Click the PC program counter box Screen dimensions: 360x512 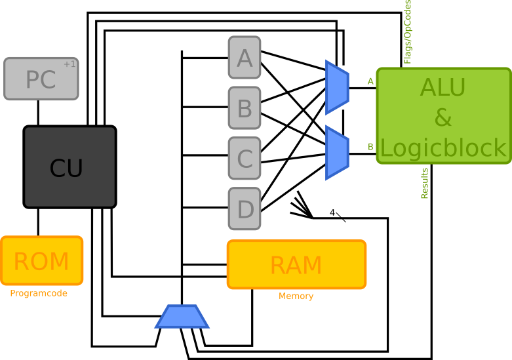point(41,79)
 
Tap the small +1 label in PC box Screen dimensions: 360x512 point(69,64)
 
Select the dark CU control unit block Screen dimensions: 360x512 point(69,167)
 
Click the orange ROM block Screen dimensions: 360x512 point(41,261)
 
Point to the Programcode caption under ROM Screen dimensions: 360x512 point(39,294)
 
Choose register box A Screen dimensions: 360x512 point(245,58)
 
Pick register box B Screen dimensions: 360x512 point(245,108)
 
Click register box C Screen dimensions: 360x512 point(245,159)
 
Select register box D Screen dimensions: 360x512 point(245,209)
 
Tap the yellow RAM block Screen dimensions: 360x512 point(296,265)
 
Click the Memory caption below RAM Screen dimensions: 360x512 point(296,296)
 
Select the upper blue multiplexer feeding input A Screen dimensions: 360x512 point(337,87)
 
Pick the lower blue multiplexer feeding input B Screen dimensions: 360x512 point(337,153)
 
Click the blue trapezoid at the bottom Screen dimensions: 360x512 point(182,317)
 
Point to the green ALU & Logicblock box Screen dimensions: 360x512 point(443,116)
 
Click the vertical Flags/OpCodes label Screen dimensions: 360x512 point(408,31)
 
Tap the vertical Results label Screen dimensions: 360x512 point(425,183)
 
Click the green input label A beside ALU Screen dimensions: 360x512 point(370,81)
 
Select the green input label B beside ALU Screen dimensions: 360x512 point(370,147)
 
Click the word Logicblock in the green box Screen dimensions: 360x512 point(443,148)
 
